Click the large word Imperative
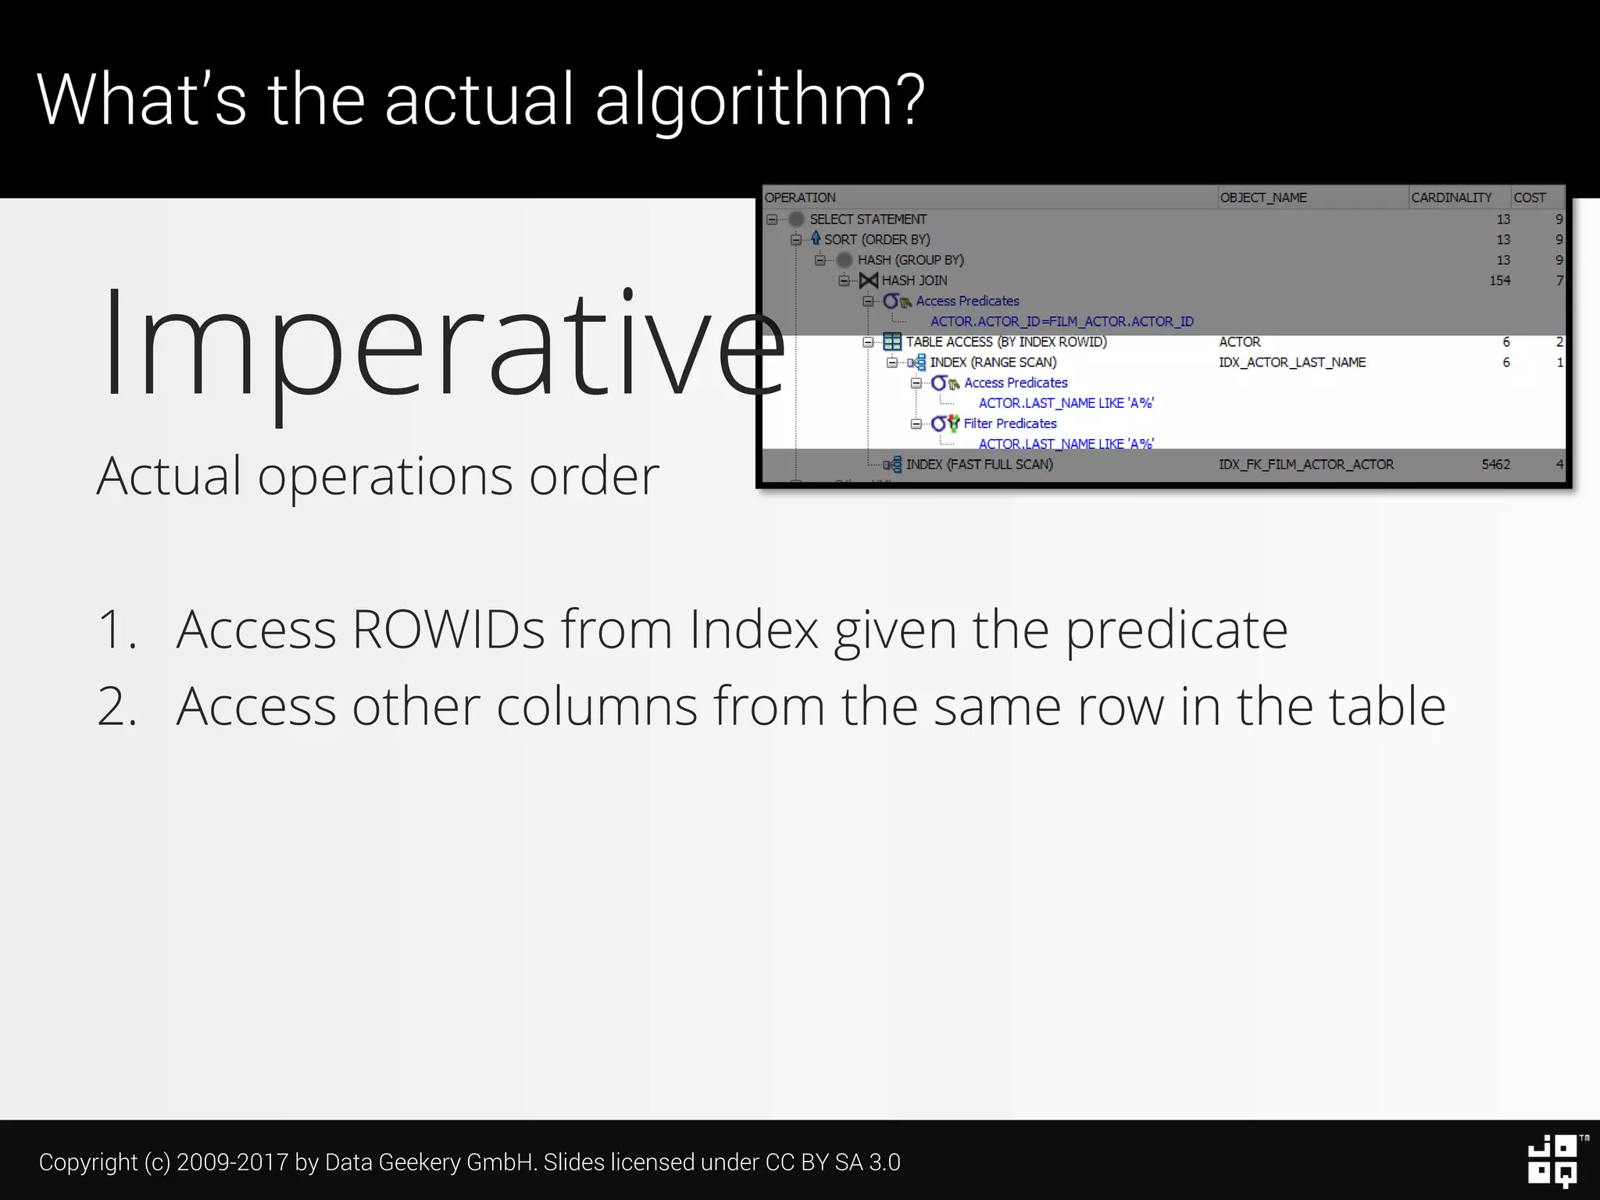[441, 344]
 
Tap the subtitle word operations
[387, 477]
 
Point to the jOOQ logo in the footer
[1553, 1161]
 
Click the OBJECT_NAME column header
[1263, 198]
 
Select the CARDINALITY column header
[1452, 198]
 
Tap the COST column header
[1530, 198]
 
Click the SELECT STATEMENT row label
[868, 220]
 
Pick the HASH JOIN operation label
[914, 280]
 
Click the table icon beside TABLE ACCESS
[891, 342]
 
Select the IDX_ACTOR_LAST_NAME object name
[1292, 362]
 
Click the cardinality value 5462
[1495, 464]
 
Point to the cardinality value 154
[1499, 280]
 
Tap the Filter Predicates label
[1010, 423]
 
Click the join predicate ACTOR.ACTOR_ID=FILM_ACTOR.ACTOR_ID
[1062, 321]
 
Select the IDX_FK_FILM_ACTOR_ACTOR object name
[1306, 464]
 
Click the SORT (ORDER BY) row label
[877, 240]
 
